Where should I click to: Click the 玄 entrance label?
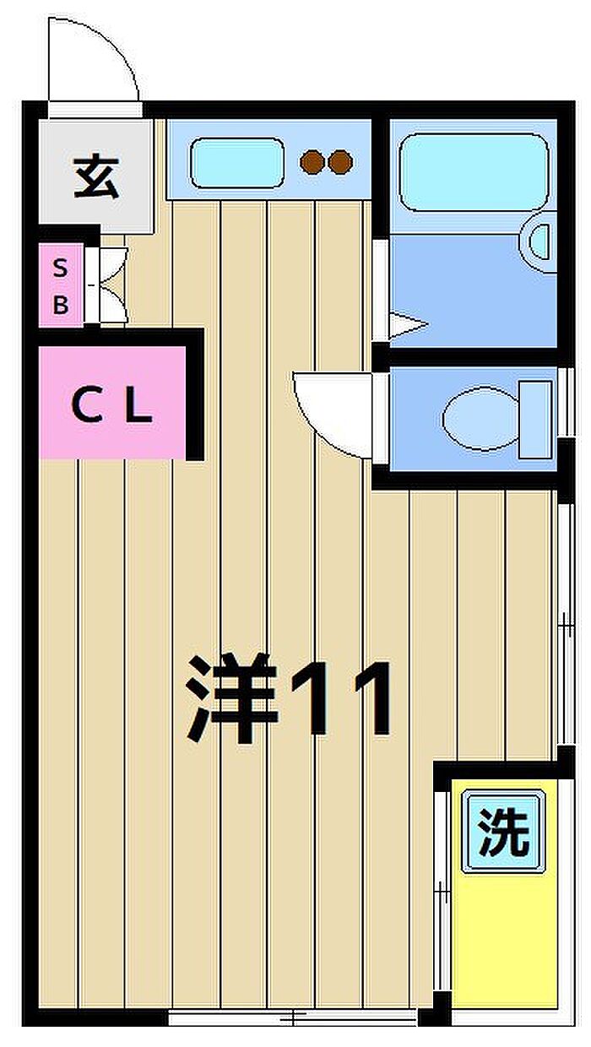(97, 178)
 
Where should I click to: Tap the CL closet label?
(112, 405)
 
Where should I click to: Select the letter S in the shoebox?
(60, 269)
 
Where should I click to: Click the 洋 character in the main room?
(232, 697)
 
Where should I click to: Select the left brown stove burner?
(312, 162)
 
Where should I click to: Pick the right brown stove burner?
(340, 162)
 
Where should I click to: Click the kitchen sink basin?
(237, 163)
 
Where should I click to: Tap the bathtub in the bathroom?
(474, 172)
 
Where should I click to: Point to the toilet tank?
(536, 420)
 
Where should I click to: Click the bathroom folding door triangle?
(408, 324)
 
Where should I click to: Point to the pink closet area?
(112, 403)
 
